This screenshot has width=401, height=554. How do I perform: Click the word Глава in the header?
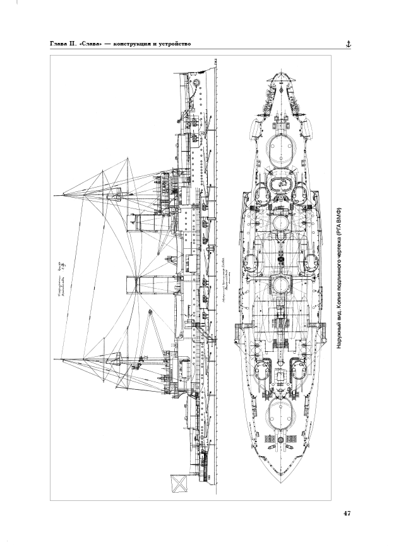pos(61,44)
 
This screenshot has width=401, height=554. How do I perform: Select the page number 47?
pos(347,514)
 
